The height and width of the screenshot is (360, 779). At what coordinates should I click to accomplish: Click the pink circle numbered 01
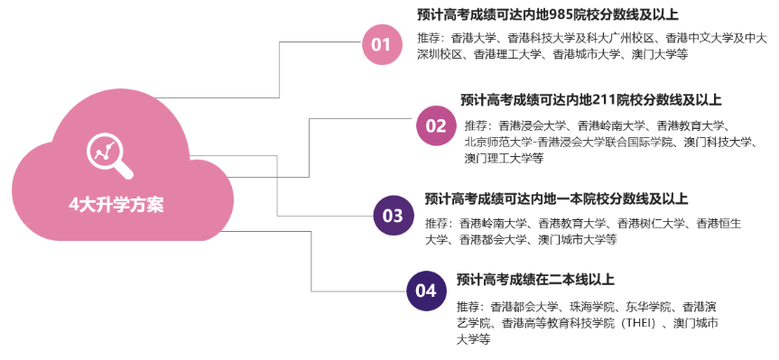tap(381, 44)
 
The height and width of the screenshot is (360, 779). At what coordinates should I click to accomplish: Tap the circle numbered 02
tap(435, 125)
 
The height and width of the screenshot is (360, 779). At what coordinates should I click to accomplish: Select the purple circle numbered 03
tap(393, 215)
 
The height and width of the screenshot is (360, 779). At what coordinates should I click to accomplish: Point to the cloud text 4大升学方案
tap(116, 204)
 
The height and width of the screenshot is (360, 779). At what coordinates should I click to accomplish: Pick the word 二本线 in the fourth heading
tap(570, 280)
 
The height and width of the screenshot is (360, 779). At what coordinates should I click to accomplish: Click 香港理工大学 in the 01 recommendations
tap(510, 54)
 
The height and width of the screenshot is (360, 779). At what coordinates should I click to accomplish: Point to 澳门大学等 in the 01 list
tap(657, 54)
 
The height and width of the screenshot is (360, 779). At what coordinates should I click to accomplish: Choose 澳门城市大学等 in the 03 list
tap(578, 239)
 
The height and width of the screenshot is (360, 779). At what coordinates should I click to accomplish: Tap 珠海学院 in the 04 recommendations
tap(593, 306)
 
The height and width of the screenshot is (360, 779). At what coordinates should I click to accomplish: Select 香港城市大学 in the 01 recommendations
tap(588, 54)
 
